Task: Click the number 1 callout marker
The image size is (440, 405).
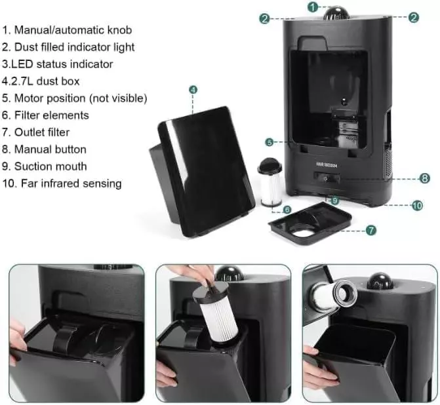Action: (x=313, y=7)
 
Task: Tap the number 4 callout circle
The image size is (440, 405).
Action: (x=193, y=90)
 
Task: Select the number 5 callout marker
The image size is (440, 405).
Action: (x=270, y=142)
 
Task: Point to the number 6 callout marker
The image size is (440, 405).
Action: (x=287, y=210)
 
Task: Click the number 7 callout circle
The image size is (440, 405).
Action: (x=370, y=230)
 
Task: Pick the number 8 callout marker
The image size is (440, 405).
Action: (x=424, y=178)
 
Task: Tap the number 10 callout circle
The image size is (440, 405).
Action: (x=417, y=206)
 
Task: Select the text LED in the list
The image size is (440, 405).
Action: (x=22, y=64)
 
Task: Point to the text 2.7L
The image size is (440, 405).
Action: (x=21, y=81)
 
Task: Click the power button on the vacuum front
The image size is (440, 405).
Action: (x=327, y=178)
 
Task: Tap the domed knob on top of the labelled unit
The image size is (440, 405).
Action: (x=336, y=13)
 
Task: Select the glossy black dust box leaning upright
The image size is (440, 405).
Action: (x=201, y=172)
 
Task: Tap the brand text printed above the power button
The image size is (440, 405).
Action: (x=327, y=165)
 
